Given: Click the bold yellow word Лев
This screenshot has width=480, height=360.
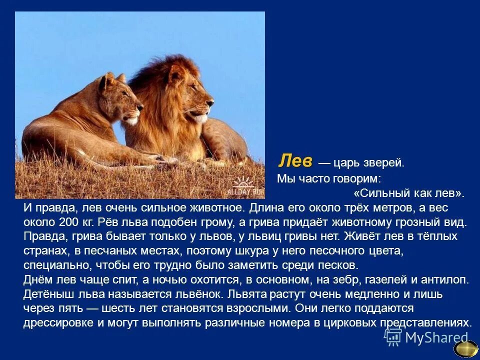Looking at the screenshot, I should point(295,161).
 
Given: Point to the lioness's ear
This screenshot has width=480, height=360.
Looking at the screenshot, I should point(107,80).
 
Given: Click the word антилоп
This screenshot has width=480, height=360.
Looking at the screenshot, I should point(441,279).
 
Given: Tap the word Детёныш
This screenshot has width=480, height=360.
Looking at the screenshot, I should point(46,294).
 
